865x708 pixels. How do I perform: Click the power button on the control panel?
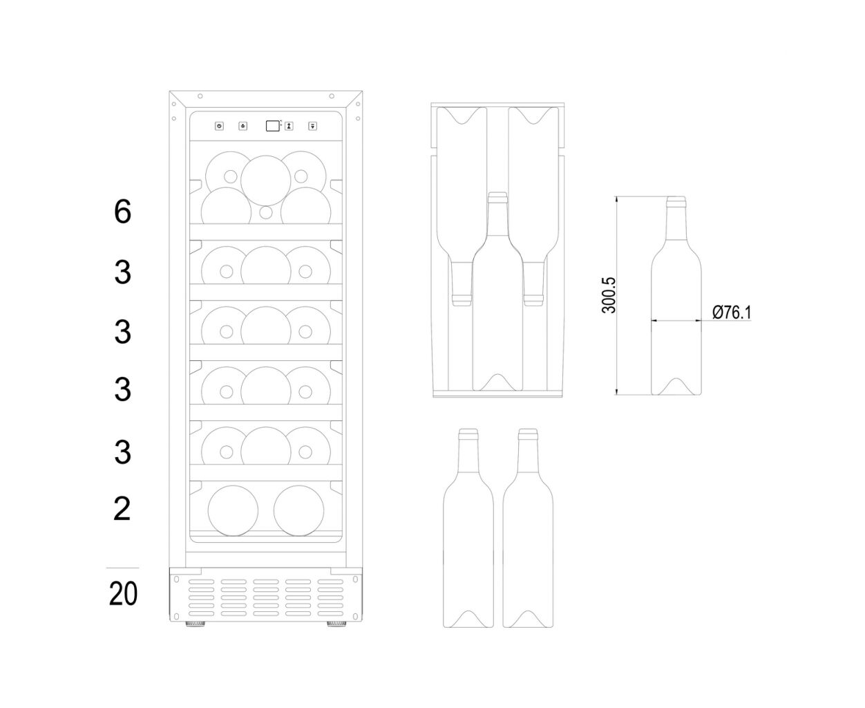point(219,126)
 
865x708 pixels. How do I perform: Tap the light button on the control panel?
point(243,126)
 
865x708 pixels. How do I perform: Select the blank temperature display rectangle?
point(273,126)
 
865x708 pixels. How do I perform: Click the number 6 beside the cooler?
point(123,212)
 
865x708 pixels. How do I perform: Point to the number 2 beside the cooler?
point(122,508)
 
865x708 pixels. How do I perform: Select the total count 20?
point(123,593)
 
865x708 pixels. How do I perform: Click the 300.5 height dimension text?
point(609,295)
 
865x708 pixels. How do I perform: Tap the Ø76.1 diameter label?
point(732,313)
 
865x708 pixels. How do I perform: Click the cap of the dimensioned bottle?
point(676,201)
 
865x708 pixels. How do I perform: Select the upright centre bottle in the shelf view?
point(497,291)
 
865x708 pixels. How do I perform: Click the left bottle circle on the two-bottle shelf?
point(233,510)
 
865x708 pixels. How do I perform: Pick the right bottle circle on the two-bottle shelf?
point(298,510)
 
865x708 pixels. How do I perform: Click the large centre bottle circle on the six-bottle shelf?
point(266,180)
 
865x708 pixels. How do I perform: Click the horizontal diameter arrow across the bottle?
point(676,321)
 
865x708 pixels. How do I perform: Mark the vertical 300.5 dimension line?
point(616,295)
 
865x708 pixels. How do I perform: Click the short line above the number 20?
point(123,568)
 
